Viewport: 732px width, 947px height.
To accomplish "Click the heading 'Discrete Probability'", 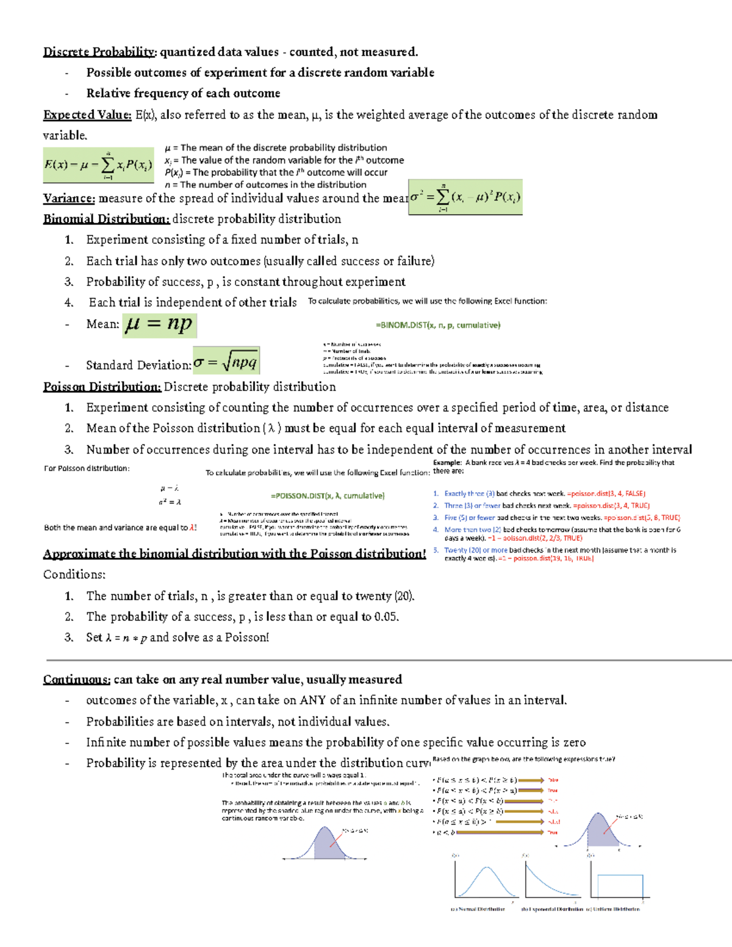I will pyautogui.click(x=99, y=52).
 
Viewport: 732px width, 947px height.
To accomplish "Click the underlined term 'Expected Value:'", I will pyautogui.click(x=87, y=115).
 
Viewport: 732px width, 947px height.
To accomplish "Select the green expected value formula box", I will pyautogui.click(x=98, y=165).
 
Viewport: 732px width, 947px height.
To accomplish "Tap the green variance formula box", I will pyautogui.click(x=465, y=197).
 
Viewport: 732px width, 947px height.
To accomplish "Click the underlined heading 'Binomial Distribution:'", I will pyautogui.click(x=106, y=219).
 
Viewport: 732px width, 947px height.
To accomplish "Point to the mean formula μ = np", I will pyautogui.click(x=159, y=324).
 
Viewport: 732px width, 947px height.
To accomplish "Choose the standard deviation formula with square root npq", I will pyautogui.click(x=226, y=362).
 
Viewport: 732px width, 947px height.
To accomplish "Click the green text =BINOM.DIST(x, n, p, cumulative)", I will pyautogui.click(x=438, y=326).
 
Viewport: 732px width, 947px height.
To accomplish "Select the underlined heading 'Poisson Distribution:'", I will pyautogui.click(x=102, y=387).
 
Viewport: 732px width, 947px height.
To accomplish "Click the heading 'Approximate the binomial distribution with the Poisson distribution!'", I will pyautogui.click(x=234, y=554).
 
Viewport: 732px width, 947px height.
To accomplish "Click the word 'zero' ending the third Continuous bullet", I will pyautogui.click(x=574, y=742).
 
